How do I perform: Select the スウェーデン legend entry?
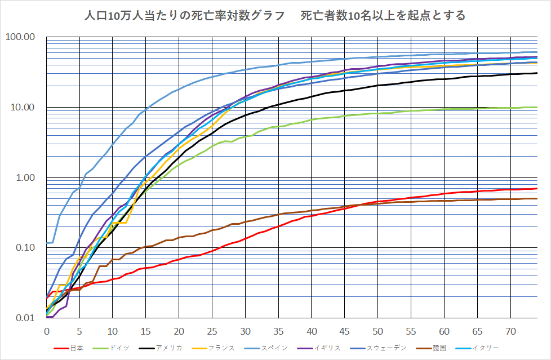click(386, 348)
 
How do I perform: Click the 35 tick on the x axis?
click(279, 330)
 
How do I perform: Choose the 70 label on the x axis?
click(510, 330)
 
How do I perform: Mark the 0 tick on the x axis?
click(47, 330)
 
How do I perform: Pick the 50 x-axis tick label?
click(378, 330)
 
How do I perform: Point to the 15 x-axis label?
click(146, 330)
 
